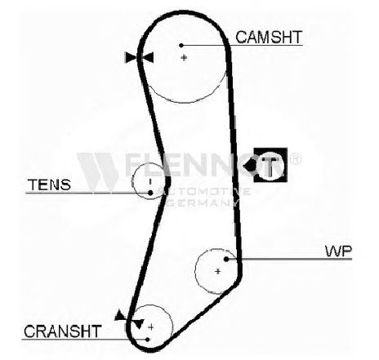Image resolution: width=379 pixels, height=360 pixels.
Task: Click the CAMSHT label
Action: coord(269,38)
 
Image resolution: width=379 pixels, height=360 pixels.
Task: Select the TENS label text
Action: coord(49,184)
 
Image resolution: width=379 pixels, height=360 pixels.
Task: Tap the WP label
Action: coord(338,251)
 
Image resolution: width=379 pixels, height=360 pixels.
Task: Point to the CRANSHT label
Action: coord(63,331)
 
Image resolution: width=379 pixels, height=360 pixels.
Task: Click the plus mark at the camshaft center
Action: coord(185,57)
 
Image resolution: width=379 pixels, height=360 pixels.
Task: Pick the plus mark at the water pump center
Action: coord(217,271)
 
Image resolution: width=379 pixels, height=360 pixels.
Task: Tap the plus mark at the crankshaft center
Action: coord(151,327)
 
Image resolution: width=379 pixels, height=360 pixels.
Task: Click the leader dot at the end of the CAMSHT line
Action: coord(181,45)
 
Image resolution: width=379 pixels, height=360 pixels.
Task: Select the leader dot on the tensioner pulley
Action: coord(150,193)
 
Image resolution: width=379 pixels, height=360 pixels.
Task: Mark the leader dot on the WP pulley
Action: coord(226,259)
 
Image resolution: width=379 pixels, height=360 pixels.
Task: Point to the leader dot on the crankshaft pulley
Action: coord(147,340)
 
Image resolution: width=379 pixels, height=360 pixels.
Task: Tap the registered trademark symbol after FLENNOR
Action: coord(295,158)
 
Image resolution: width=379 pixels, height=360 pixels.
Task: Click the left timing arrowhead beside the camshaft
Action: coord(130,57)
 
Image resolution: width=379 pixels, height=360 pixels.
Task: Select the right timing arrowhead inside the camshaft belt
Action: coord(149,57)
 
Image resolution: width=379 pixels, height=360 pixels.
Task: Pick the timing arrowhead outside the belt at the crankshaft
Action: coord(120,316)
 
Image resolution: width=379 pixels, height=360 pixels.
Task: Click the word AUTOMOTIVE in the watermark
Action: coord(204,191)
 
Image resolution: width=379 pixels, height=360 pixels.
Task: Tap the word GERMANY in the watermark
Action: coord(203,202)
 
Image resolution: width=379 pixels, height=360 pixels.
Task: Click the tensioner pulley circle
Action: coord(132,180)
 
